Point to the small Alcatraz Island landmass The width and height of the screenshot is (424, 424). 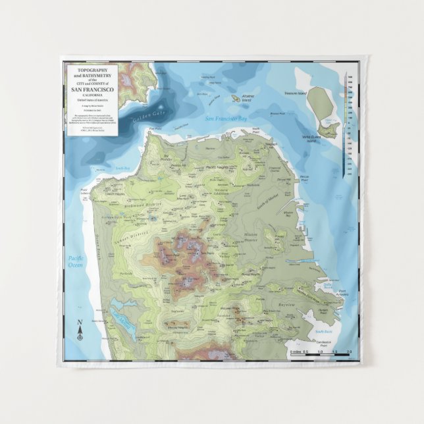pyautogui.click(x=234, y=99)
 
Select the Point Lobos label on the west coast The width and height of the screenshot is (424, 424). pyautogui.click(x=84, y=192)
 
